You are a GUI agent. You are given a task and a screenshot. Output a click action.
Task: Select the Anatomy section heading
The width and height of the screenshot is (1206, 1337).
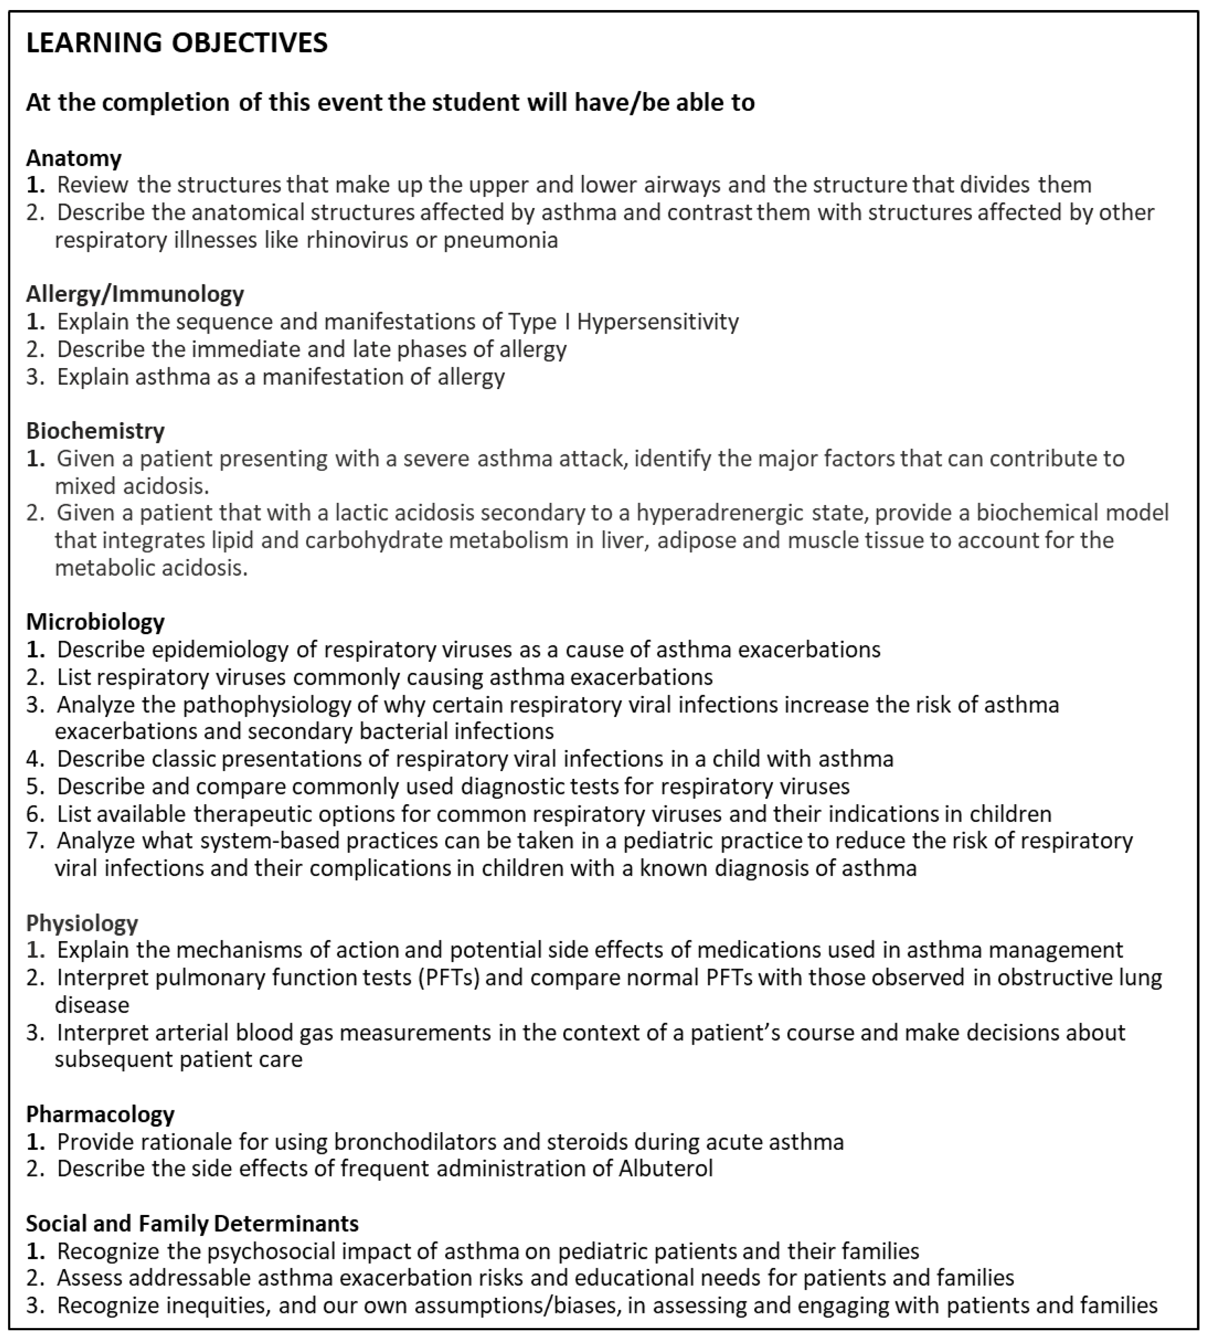pyautogui.click(x=74, y=158)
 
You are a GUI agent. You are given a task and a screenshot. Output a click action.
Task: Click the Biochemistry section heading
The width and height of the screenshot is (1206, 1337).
pyautogui.click(x=95, y=431)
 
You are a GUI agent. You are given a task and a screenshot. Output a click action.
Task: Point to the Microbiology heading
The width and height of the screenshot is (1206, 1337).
pyautogui.click(x=95, y=622)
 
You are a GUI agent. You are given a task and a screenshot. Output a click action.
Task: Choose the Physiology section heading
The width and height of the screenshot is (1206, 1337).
pyautogui.click(x=82, y=923)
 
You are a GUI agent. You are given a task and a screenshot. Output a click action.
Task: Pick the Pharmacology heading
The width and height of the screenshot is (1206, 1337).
pyautogui.click(x=100, y=1114)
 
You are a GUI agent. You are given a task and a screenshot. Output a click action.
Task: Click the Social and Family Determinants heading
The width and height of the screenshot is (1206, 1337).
pyautogui.click(x=192, y=1223)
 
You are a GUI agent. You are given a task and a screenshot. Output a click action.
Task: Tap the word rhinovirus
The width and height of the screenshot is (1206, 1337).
pyautogui.click(x=357, y=240)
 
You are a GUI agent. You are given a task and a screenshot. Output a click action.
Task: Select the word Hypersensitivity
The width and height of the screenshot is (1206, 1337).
pyautogui.click(x=658, y=321)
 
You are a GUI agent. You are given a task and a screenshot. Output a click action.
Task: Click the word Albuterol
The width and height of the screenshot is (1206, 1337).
pyautogui.click(x=665, y=1168)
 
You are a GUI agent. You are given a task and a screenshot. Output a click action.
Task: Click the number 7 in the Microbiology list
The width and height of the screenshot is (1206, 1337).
pyautogui.click(x=33, y=840)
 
